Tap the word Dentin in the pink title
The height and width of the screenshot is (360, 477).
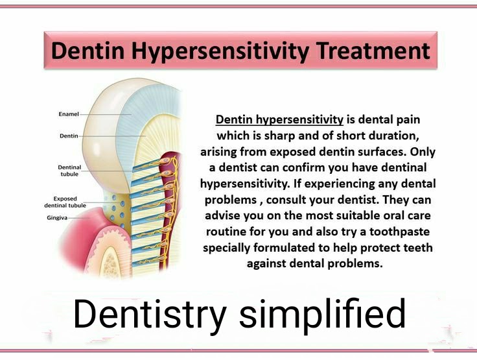83,51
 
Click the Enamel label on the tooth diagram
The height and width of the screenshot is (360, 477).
69,114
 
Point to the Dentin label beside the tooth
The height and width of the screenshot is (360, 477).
69,136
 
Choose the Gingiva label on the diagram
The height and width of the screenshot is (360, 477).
58,218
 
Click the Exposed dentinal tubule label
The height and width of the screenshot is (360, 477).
65,202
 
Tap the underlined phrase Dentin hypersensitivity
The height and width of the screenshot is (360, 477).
279,120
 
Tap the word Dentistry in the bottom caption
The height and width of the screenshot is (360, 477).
150,315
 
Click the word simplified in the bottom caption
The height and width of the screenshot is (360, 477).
322,315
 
